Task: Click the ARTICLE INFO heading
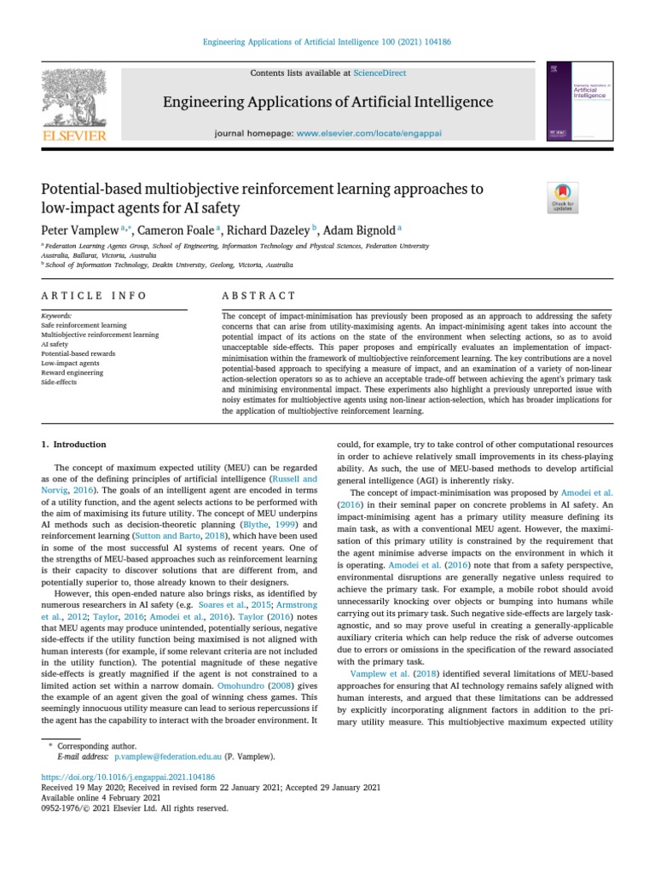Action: (94, 296)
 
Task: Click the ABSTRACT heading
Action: (249, 296)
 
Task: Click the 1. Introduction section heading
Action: (74, 445)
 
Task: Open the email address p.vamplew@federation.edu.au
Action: (168, 756)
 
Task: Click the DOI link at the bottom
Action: (128, 778)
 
